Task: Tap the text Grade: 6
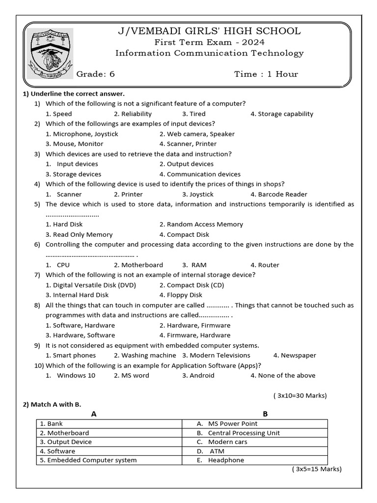click(x=95, y=74)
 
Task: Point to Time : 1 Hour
click(x=266, y=74)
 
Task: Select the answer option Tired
click(x=194, y=114)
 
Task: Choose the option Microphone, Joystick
click(x=82, y=134)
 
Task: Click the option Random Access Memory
click(x=201, y=224)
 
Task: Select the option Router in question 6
click(x=265, y=265)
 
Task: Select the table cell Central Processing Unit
click(x=243, y=433)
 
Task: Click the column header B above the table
click(x=265, y=414)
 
